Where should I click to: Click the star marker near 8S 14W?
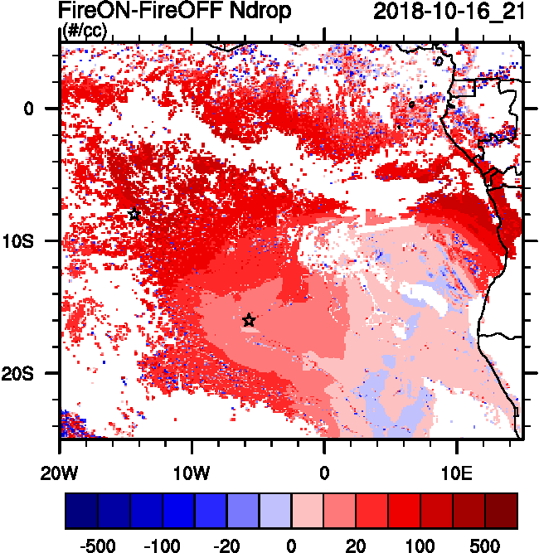click(134, 214)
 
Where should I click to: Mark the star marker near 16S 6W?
click(249, 320)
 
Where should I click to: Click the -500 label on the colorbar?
click(98, 545)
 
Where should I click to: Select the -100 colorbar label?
click(163, 545)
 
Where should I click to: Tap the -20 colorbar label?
click(226, 545)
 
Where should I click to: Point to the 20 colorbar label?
click(356, 545)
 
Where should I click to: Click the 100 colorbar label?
click(420, 545)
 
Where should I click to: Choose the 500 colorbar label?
click(485, 545)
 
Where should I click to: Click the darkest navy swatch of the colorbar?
click(82, 511)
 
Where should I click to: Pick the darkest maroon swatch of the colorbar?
click(501, 511)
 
